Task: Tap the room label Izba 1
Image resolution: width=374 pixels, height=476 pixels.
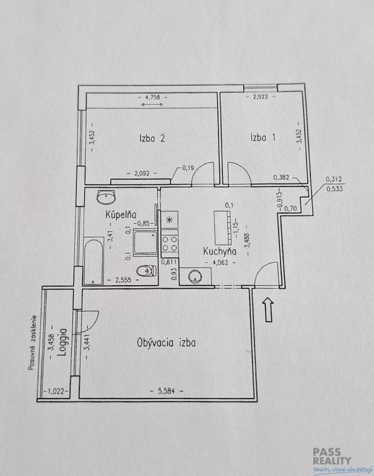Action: (263, 138)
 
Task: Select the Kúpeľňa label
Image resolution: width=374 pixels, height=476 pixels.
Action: (121, 214)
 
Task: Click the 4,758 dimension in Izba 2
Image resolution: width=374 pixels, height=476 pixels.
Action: (152, 97)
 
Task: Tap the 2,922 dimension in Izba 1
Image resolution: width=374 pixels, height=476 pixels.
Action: (261, 97)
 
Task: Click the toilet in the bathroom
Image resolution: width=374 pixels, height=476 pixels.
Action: (147, 271)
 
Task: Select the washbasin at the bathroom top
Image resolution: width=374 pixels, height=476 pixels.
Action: (106, 197)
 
